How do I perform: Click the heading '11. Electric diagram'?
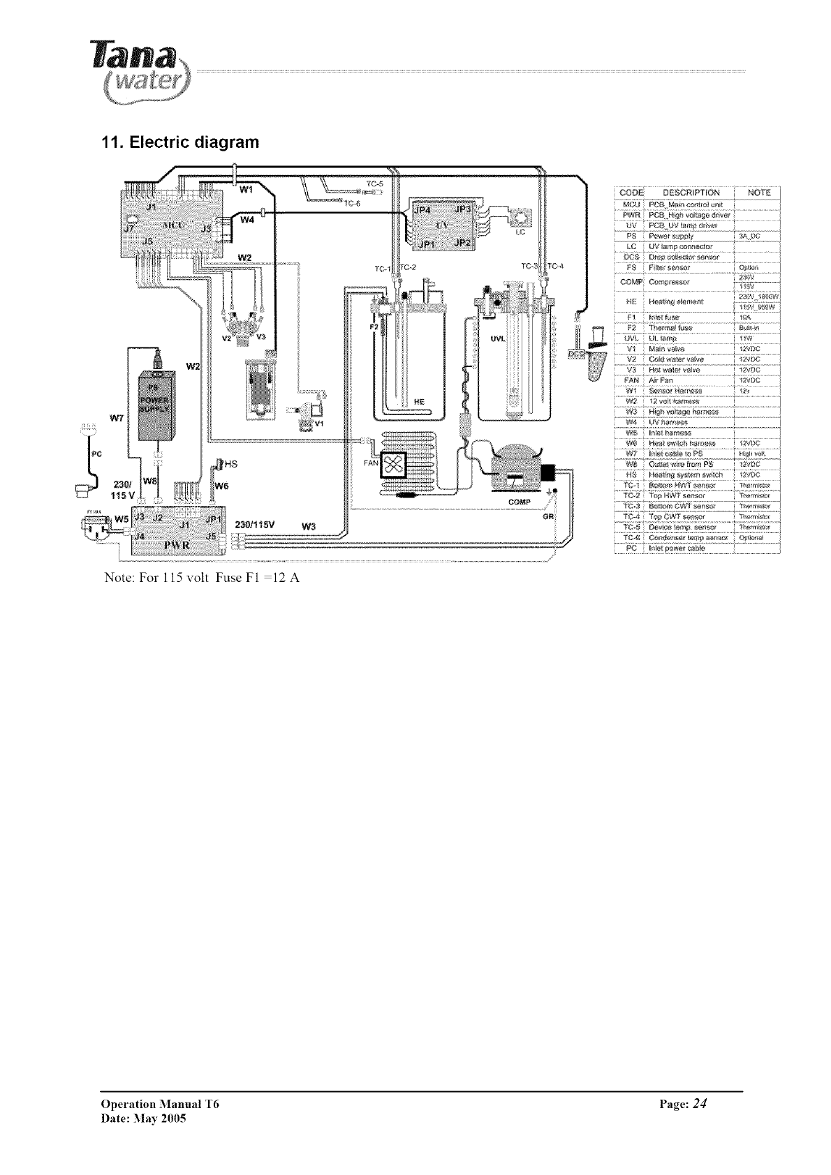(x=180, y=143)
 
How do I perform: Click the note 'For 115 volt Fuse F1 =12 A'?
(x=202, y=578)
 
